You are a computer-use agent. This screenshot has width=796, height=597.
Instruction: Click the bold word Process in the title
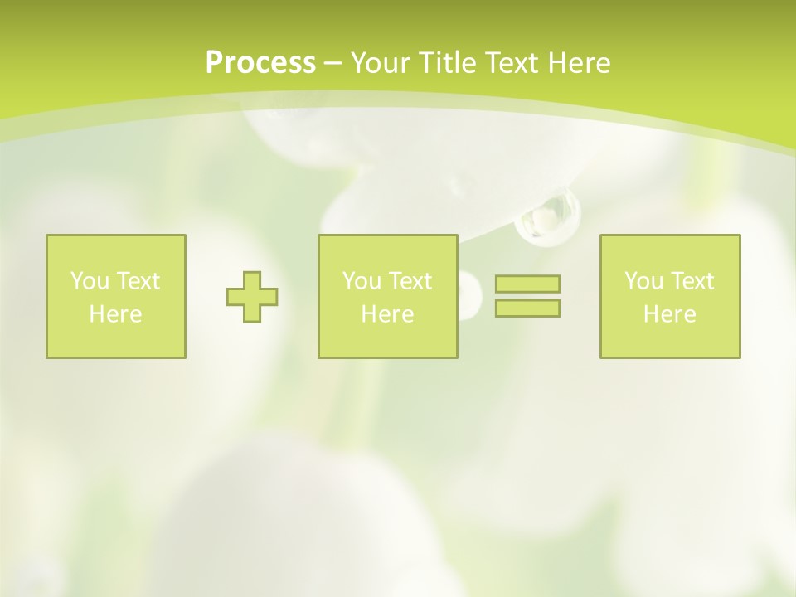(x=260, y=63)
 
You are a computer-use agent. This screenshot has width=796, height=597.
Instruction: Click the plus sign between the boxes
(x=252, y=297)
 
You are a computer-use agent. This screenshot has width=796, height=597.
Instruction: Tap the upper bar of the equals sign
(x=527, y=284)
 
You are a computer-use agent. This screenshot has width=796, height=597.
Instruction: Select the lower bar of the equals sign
(x=527, y=308)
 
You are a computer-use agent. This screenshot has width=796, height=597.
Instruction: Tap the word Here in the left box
(x=115, y=314)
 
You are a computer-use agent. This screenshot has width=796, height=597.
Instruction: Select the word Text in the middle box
(x=410, y=281)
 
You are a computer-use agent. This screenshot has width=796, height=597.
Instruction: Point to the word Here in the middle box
(x=387, y=314)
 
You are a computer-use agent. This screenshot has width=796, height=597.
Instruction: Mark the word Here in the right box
(x=669, y=314)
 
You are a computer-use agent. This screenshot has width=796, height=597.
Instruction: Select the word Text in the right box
(x=692, y=281)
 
